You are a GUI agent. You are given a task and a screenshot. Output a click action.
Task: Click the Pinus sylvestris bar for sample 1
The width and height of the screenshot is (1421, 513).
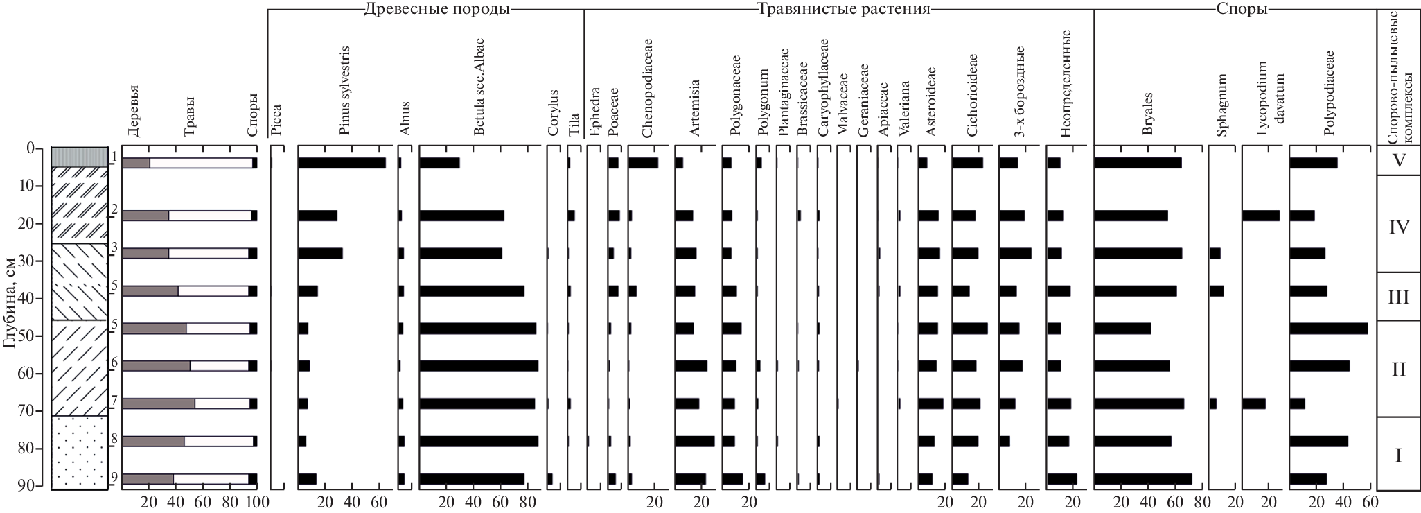tap(342, 164)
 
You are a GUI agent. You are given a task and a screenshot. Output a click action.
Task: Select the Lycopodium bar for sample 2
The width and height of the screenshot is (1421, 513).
tap(1260, 216)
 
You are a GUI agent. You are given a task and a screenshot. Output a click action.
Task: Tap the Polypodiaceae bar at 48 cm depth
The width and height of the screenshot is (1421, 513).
tap(1328, 329)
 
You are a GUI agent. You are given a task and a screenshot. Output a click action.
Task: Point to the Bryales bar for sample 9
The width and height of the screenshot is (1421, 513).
tap(1142, 478)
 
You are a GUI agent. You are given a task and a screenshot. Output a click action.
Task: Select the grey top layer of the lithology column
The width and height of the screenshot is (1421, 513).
tap(80, 157)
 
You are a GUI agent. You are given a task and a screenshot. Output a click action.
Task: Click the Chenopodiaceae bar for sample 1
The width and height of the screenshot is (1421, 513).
tap(643, 164)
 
